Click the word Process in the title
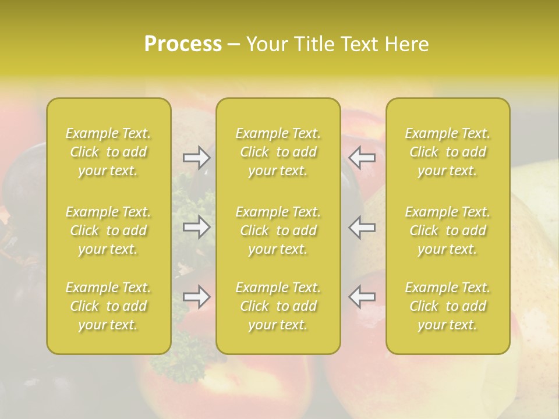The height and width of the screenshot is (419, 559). (183, 44)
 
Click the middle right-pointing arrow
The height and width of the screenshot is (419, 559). (196, 227)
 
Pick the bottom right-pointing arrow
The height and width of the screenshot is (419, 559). (196, 297)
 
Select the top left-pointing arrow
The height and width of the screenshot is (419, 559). (362, 158)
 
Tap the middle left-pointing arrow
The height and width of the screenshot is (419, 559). (362, 227)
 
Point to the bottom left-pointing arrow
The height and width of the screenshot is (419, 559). (362, 297)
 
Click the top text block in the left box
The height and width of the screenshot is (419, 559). (108, 152)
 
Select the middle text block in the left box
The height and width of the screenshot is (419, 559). (108, 230)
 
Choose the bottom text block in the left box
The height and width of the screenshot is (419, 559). (108, 306)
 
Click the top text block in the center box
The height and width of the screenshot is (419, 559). (278, 152)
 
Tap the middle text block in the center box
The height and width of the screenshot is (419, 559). (278, 230)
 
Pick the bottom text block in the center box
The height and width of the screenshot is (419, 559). (278, 306)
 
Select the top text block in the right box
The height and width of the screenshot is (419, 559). (447, 152)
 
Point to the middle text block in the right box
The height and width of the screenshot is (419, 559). (447, 230)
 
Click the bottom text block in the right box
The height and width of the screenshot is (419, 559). (447, 306)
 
